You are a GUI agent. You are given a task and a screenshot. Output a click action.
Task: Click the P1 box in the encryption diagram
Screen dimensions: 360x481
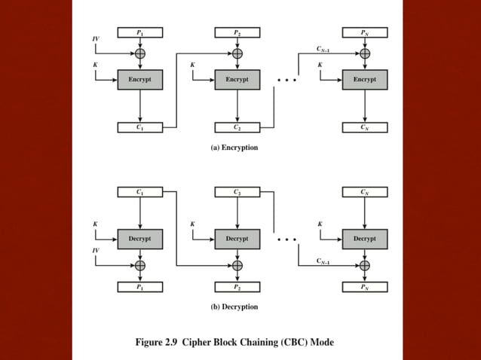pos(139,32)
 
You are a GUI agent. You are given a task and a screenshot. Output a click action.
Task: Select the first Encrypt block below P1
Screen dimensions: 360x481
pos(139,79)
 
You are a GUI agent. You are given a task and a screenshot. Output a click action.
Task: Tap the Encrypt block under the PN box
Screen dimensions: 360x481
pos(365,79)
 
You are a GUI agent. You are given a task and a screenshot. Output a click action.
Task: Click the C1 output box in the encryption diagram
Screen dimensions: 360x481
pos(139,127)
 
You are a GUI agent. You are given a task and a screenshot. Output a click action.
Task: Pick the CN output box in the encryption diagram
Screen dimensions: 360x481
pos(365,127)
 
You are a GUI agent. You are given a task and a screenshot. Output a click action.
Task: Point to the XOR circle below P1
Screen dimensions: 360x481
pos(139,53)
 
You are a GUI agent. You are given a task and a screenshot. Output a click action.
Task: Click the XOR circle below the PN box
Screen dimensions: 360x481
pos(365,53)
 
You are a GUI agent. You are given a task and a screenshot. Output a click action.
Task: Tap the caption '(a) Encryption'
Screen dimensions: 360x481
pos(234,148)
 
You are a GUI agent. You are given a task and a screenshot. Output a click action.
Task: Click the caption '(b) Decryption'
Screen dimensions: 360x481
pos(234,307)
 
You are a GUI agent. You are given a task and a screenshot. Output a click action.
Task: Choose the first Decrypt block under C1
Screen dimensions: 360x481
pos(139,239)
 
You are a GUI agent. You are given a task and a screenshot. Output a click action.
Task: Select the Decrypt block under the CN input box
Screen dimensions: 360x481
pos(365,239)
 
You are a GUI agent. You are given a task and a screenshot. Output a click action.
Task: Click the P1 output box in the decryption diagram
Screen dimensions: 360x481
pos(139,287)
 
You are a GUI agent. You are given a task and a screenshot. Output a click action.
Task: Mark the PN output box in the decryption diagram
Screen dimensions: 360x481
pos(365,287)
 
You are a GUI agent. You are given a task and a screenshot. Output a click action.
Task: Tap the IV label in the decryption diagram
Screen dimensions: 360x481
pos(96,249)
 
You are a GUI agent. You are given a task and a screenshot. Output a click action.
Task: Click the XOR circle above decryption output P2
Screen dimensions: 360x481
pos(237,265)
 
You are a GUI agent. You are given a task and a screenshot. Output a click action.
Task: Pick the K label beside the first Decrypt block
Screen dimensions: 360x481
pos(95,224)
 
